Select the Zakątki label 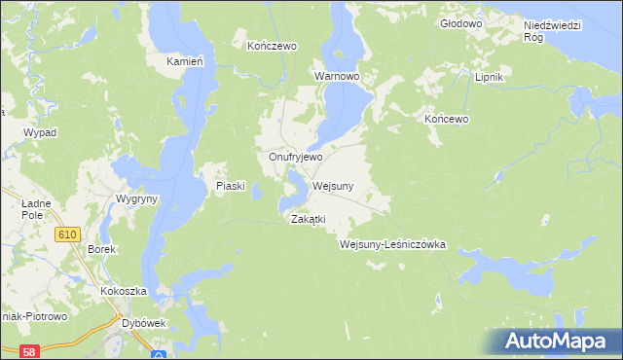click(x=307, y=220)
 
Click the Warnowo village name click(x=337, y=75)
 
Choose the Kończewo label click(x=272, y=46)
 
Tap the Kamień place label click(x=184, y=61)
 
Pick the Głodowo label click(x=461, y=22)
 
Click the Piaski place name click(x=229, y=186)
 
